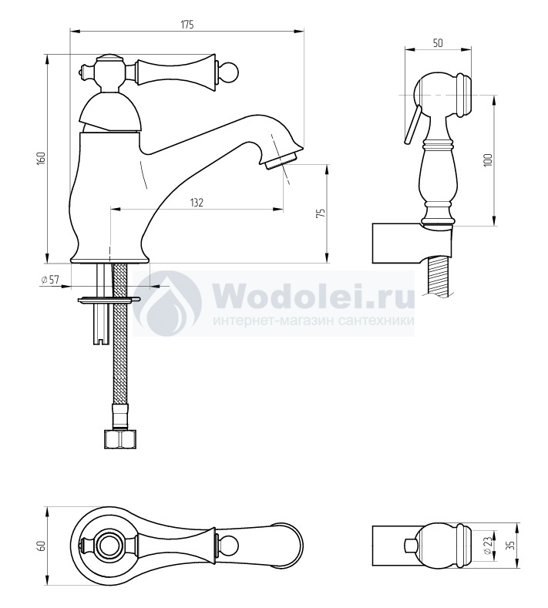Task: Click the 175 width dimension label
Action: click(187, 24)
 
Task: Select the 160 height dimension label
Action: click(42, 159)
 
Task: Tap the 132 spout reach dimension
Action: click(197, 203)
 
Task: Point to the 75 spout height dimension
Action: click(321, 213)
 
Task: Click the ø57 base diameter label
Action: click(49, 279)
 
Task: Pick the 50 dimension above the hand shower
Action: click(438, 42)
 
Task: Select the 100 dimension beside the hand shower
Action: click(488, 160)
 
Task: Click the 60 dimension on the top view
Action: click(42, 546)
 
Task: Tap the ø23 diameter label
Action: click(489, 546)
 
